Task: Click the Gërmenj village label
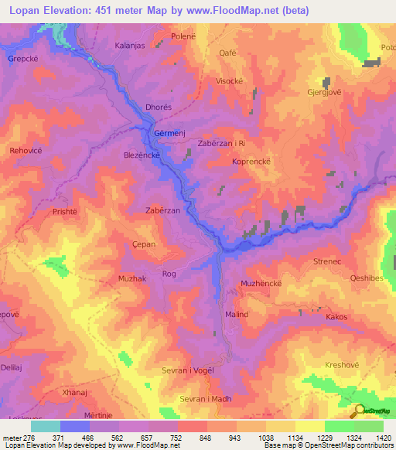(169, 134)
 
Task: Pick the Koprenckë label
(251, 162)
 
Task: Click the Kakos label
(336, 317)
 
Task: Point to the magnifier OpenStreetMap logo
(359, 411)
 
